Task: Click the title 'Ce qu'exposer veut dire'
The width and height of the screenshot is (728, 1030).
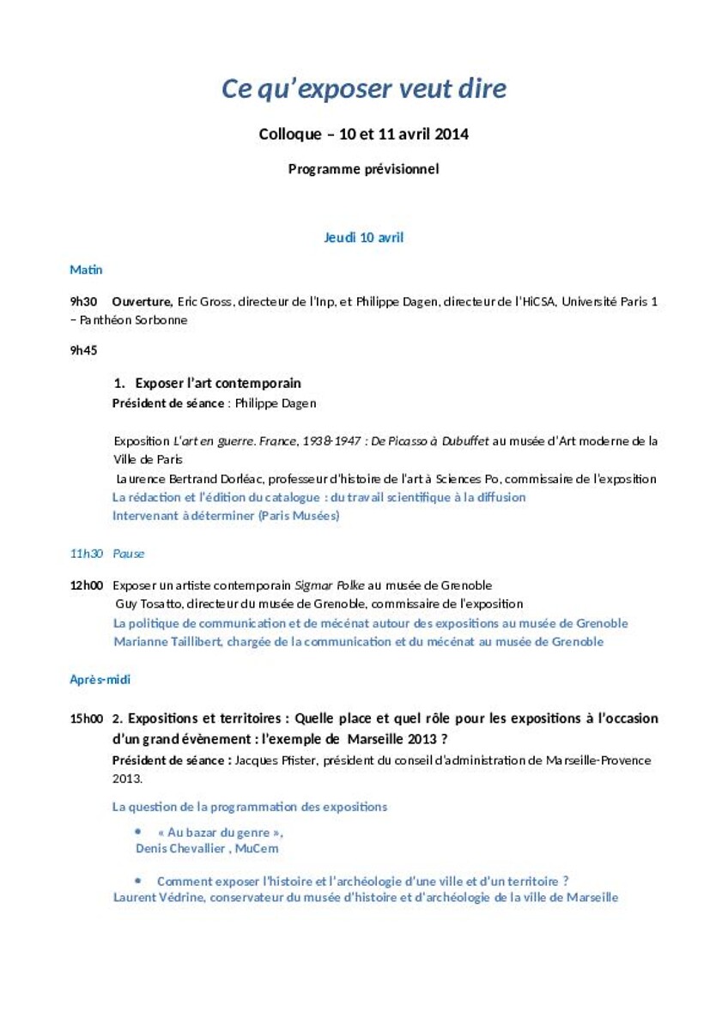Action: pyautogui.click(x=364, y=88)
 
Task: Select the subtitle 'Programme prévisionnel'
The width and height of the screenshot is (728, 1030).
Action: pyautogui.click(x=364, y=169)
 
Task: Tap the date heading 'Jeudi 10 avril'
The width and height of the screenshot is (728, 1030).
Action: pyautogui.click(x=364, y=238)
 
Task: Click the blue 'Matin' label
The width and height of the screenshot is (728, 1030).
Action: pyautogui.click(x=86, y=270)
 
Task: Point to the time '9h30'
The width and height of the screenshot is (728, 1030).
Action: pyautogui.click(x=83, y=301)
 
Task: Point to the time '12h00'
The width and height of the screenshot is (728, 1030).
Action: pyautogui.click(x=87, y=585)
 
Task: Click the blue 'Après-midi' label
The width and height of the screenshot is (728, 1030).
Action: pyautogui.click(x=100, y=679)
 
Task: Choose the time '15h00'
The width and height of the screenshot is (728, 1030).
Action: pyautogui.click(x=87, y=718)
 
